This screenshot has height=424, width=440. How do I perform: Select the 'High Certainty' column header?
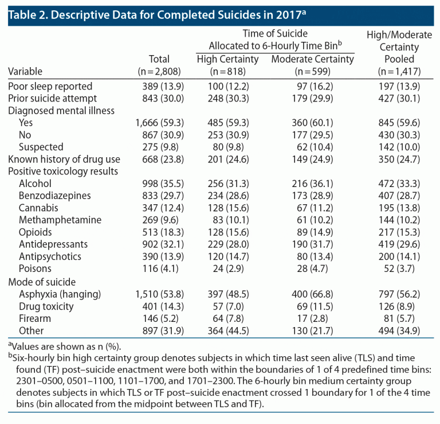point(227,59)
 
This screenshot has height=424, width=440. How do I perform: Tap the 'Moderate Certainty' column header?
point(312,59)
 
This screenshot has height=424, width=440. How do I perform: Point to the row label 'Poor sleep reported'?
point(50,87)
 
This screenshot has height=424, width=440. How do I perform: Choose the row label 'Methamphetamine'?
point(60,220)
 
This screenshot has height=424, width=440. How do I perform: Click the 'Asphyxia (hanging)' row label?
point(60,294)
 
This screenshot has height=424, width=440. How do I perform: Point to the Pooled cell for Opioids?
point(399,232)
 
